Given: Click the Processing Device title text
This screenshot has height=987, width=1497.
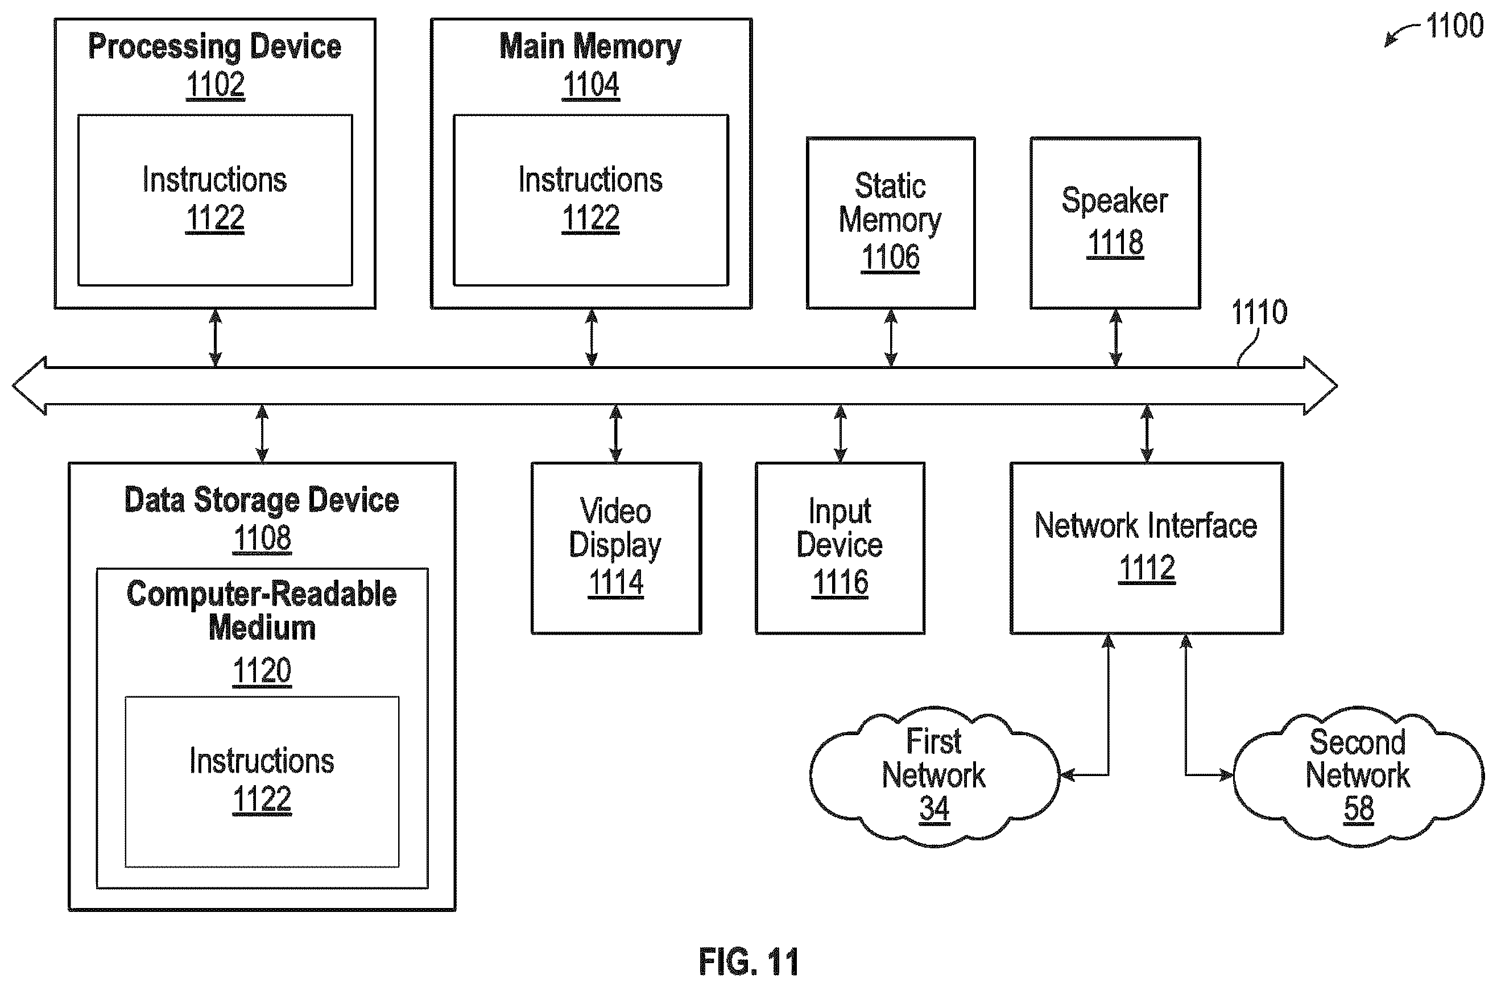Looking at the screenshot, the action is [214, 47].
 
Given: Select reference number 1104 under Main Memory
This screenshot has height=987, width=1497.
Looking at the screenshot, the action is [590, 85].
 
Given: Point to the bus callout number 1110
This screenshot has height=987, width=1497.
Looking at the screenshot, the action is [1259, 312].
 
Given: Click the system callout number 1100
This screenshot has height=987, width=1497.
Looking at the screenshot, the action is [1454, 26].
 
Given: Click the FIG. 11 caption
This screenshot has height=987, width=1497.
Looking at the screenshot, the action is [748, 961].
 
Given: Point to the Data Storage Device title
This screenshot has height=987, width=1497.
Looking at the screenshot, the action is [261, 500].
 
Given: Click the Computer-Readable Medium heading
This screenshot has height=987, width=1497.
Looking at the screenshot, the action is [262, 611].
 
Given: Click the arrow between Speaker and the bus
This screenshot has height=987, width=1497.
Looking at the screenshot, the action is [1115, 338].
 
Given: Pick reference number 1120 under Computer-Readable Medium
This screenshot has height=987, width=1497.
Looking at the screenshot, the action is [262, 671].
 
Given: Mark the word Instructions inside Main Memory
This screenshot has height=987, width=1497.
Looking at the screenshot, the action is [590, 180].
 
